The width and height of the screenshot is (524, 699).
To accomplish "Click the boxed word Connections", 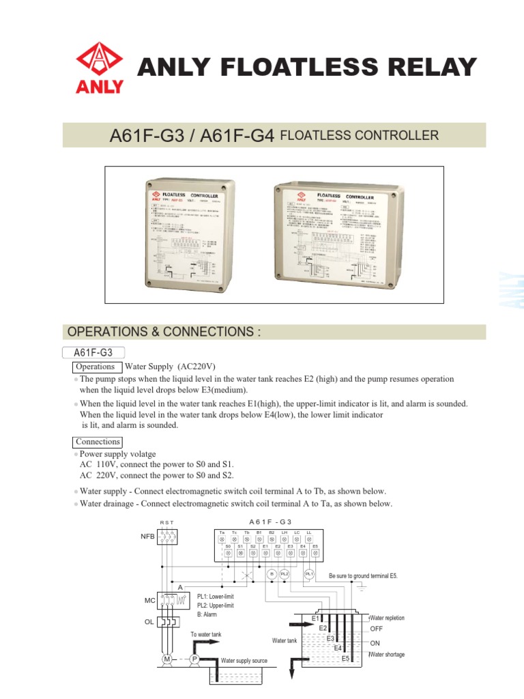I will [x=98, y=442].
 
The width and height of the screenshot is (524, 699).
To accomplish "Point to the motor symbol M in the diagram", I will [x=166, y=659].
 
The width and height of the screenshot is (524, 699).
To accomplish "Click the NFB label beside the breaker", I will [x=147, y=537].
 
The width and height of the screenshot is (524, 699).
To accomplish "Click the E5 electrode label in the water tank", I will [x=346, y=658].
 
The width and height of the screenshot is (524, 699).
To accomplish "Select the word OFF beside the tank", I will [x=377, y=628].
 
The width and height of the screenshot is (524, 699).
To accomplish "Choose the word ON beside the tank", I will [x=375, y=644].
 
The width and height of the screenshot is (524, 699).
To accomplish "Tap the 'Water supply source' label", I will [x=244, y=661].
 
